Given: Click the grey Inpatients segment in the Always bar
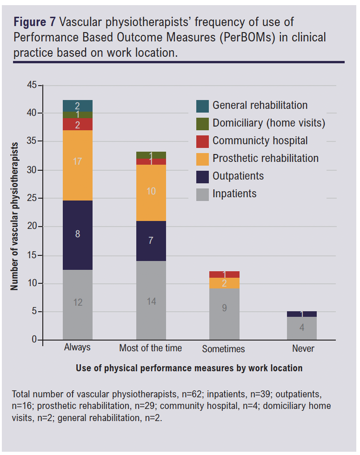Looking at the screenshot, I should coord(78,305).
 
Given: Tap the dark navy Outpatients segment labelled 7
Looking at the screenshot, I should coord(151,241).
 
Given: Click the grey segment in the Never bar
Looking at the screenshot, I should coord(302,328).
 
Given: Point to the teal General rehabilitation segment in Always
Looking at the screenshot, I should coord(78,106).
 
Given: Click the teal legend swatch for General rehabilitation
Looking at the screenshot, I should coord(202,106).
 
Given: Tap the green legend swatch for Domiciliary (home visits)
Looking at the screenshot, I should coord(202,123).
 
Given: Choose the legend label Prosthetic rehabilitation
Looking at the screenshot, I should coord(266,158).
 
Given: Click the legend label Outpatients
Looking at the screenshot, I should coord(238,176).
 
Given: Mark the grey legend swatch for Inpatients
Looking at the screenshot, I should coord(202,194).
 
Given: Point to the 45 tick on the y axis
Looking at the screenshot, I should coord(32,85).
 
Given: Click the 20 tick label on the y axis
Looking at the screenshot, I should coord(32,227).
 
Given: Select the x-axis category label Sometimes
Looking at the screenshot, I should coord(223,349).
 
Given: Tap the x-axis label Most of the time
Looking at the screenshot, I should coord(151,348).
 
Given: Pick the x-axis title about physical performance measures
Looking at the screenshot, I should coord(189,368).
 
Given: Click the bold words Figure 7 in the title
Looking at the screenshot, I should coord(35,22).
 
